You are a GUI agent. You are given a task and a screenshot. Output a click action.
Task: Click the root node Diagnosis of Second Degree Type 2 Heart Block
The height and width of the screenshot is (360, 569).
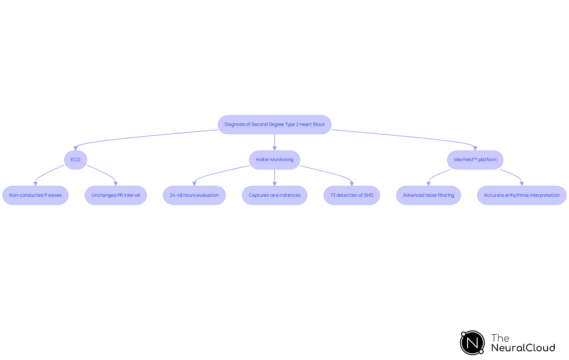[274, 124]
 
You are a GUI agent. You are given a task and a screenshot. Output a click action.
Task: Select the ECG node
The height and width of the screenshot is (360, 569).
[76, 160]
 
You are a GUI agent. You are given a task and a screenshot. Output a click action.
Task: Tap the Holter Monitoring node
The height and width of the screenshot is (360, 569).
[274, 160]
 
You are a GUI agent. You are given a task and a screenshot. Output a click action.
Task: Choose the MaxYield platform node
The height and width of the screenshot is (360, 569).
[475, 160]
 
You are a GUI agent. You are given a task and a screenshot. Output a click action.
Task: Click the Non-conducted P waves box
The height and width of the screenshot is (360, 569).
[35, 195]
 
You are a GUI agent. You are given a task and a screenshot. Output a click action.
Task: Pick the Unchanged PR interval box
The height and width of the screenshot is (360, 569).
[116, 195]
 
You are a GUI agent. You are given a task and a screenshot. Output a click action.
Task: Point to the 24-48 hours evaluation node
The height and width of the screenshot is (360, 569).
[194, 195]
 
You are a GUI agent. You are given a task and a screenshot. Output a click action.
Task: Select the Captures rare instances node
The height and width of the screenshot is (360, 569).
[274, 195]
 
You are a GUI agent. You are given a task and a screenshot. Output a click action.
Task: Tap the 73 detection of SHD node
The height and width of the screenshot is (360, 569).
[351, 195]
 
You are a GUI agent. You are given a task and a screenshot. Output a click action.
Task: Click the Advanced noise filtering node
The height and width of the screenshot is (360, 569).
[428, 195]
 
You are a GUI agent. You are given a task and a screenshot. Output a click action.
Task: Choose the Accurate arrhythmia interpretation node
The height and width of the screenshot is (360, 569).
[522, 195]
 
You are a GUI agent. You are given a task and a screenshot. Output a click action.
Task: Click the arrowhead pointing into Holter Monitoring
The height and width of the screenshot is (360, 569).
[274, 148]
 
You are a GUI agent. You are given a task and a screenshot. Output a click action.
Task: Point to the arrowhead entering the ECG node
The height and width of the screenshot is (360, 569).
[76, 148]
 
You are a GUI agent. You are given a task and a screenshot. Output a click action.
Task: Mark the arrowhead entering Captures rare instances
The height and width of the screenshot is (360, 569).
[274, 184]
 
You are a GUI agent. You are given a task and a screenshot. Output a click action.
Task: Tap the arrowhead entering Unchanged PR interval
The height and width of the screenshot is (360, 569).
[116, 184]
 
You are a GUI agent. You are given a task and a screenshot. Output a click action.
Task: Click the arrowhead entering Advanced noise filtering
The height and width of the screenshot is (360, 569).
[428, 184]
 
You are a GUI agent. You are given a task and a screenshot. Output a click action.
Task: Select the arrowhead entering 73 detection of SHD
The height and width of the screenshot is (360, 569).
[352, 184]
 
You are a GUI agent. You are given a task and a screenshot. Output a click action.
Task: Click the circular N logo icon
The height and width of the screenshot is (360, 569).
[472, 343]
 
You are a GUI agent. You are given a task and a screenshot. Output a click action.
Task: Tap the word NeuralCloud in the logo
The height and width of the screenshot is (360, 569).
[523, 348]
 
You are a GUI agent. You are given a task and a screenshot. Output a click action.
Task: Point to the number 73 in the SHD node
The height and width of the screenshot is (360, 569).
[333, 195]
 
